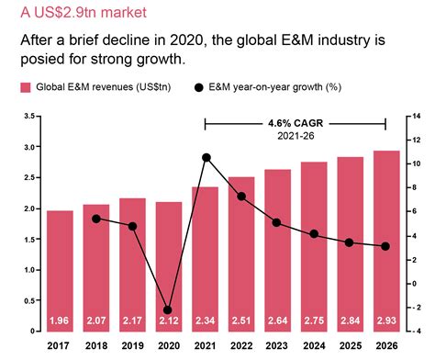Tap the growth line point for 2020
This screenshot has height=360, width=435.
(x=168, y=310)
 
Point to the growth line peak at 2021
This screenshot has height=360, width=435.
(x=206, y=158)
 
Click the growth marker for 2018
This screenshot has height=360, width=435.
(x=96, y=219)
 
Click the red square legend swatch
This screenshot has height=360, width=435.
(x=25, y=88)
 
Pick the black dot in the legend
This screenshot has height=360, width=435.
(x=199, y=88)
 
